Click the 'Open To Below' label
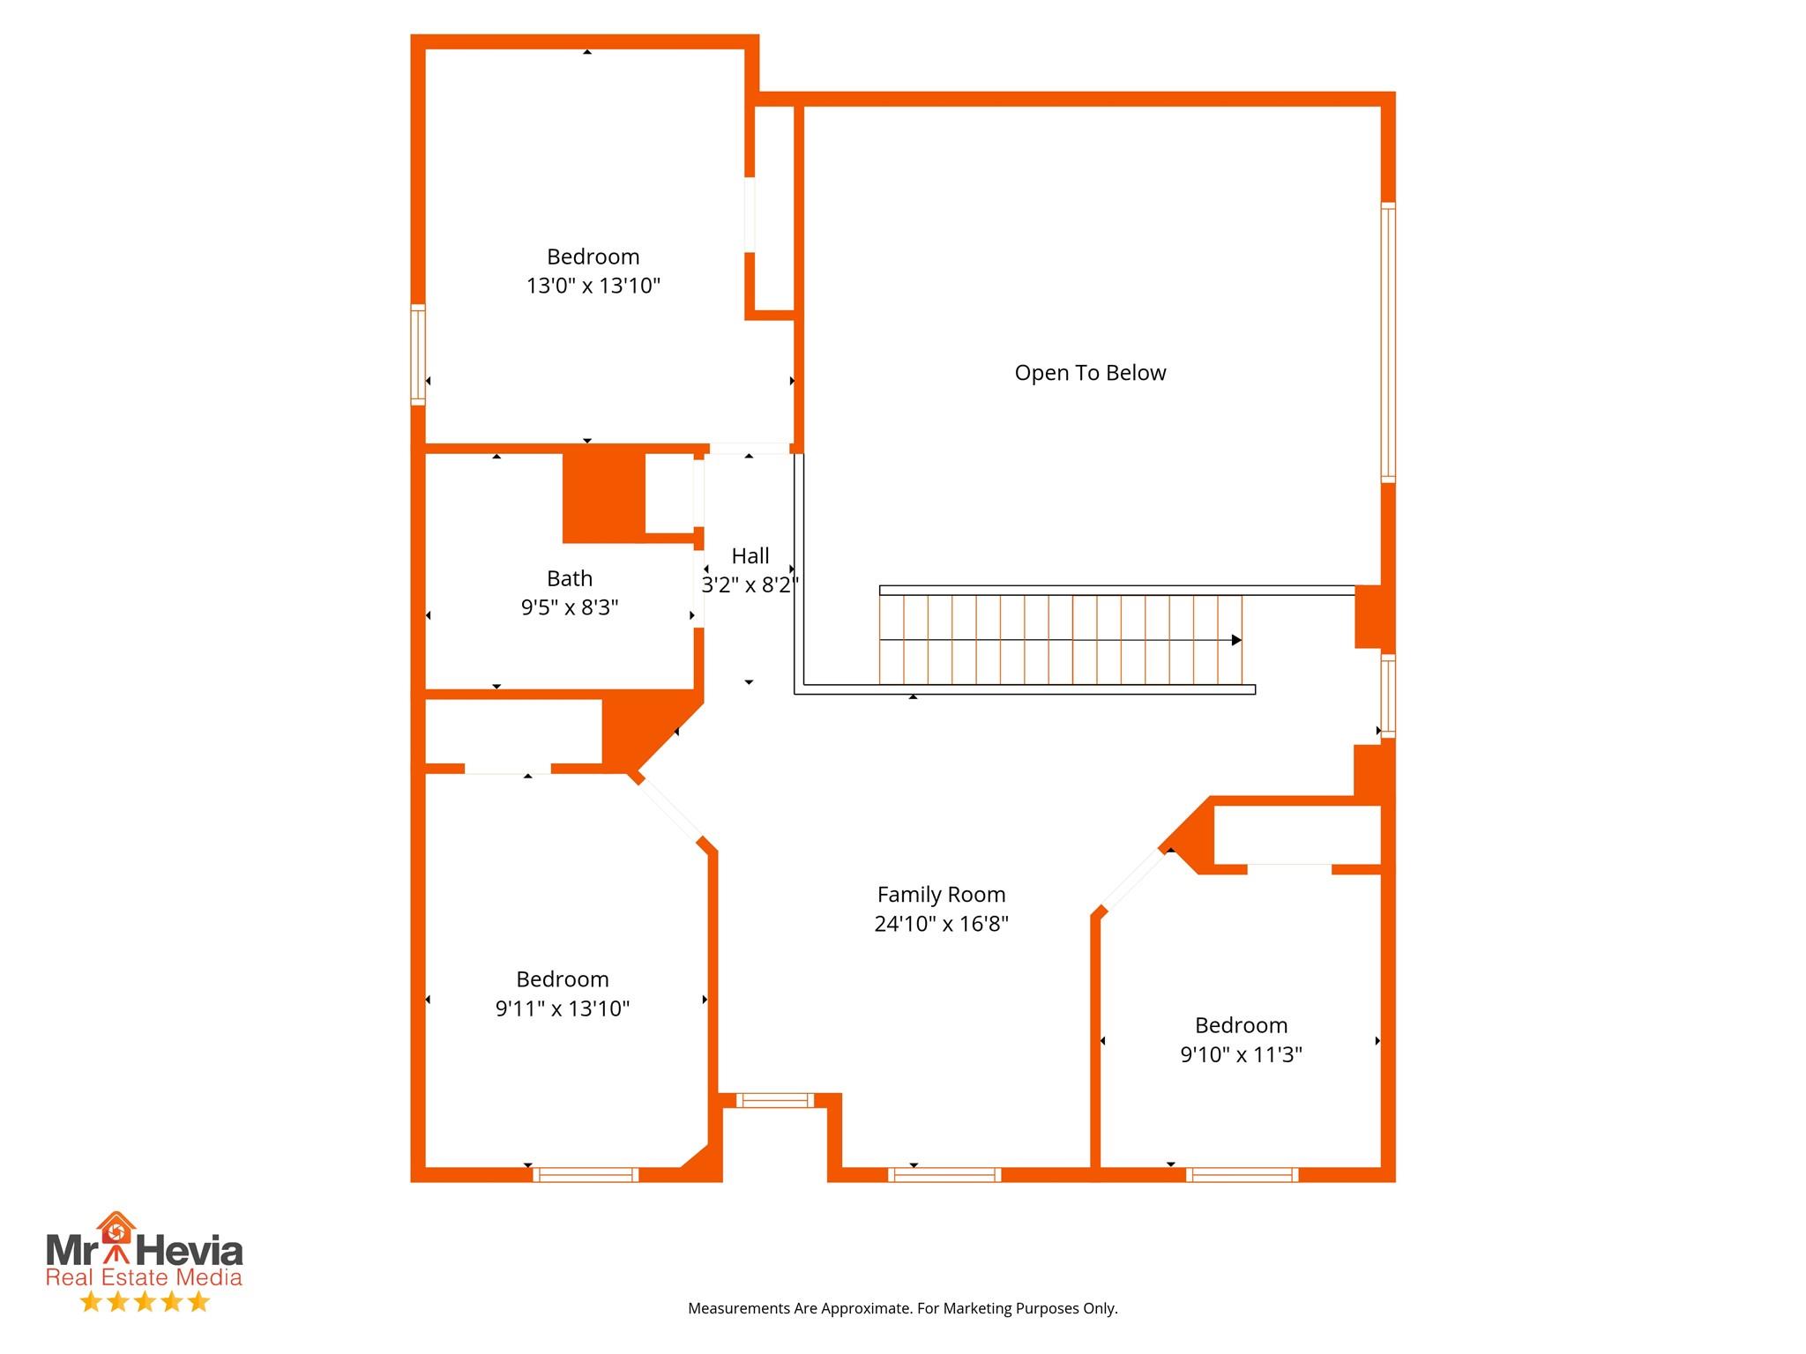(x=1090, y=373)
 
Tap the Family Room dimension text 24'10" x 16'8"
(x=941, y=924)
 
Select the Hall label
(x=750, y=556)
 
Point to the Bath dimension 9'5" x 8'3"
(x=570, y=607)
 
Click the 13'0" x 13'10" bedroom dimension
(x=593, y=286)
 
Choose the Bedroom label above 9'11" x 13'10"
(x=563, y=979)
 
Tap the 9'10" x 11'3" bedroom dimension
(x=1241, y=1054)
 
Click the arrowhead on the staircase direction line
(x=1236, y=640)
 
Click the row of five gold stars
(x=145, y=1302)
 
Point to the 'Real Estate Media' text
(x=144, y=1277)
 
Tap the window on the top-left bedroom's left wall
(x=418, y=354)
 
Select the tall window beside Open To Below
(x=1387, y=342)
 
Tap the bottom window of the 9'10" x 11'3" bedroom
(x=1242, y=1174)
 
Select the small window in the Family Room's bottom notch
(x=775, y=1099)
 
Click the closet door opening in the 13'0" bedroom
(x=750, y=215)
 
